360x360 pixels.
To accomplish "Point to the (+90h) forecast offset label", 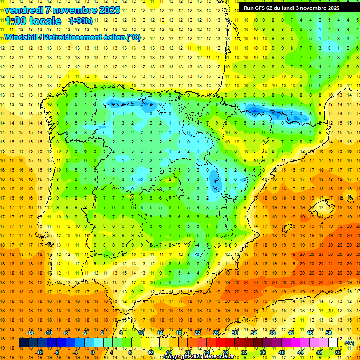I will pyautogui.click(x=81, y=21).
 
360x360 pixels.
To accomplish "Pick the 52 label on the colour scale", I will pyautogui.click(x=338, y=352).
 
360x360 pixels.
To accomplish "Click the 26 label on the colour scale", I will pyautogui.click(x=216, y=332).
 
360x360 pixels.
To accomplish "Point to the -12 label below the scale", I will pyautogui.click(x=39, y=352).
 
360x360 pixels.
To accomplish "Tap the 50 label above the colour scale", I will pyautogui.click(x=328, y=332).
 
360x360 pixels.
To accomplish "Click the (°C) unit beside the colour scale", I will pyautogui.click(x=349, y=343).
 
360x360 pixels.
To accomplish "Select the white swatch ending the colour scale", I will pyautogui.click(x=333, y=343).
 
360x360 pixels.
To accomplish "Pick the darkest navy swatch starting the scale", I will pyautogui.click(x=23, y=343).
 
